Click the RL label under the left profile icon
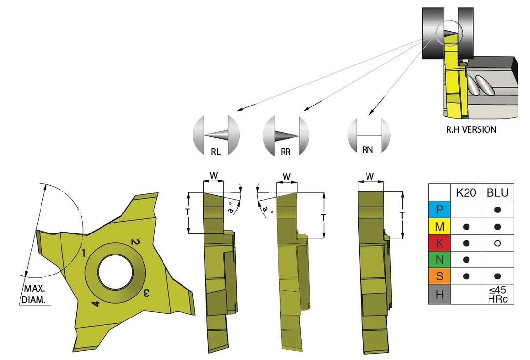pos(216,152)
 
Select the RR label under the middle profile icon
pos(285,152)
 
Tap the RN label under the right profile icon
pos(367,149)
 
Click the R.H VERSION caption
pos(471,129)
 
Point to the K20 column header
pos(466,192)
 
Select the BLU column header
pos(497,192)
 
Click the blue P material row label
pos(439,210)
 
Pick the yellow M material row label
pos(439,226)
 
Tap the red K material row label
pos(439,243)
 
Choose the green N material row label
pos(439,259)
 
